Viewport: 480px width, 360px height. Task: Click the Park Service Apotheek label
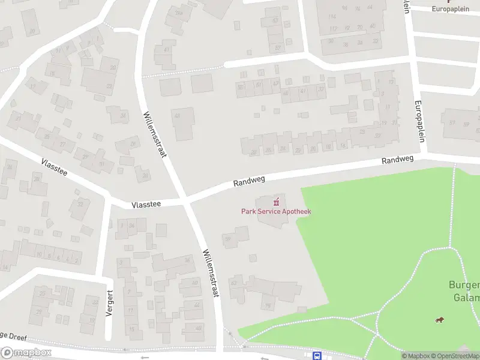coord(276,211)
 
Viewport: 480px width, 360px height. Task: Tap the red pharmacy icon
coord(277,202)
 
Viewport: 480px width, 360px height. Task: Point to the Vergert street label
coord(109,305)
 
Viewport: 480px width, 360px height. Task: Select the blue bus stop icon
coord(317,355)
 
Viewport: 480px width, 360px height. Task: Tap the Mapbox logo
coord(25,353)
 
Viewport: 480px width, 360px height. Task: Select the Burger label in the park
coord(464,286)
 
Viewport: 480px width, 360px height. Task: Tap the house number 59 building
coord(228,239)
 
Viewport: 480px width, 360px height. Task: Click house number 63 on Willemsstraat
coord(234,283)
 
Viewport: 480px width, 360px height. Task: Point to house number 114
coord(332,16)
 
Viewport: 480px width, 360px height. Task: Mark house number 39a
coord(178,13)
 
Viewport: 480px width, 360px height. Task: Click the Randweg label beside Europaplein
coord(398,161)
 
